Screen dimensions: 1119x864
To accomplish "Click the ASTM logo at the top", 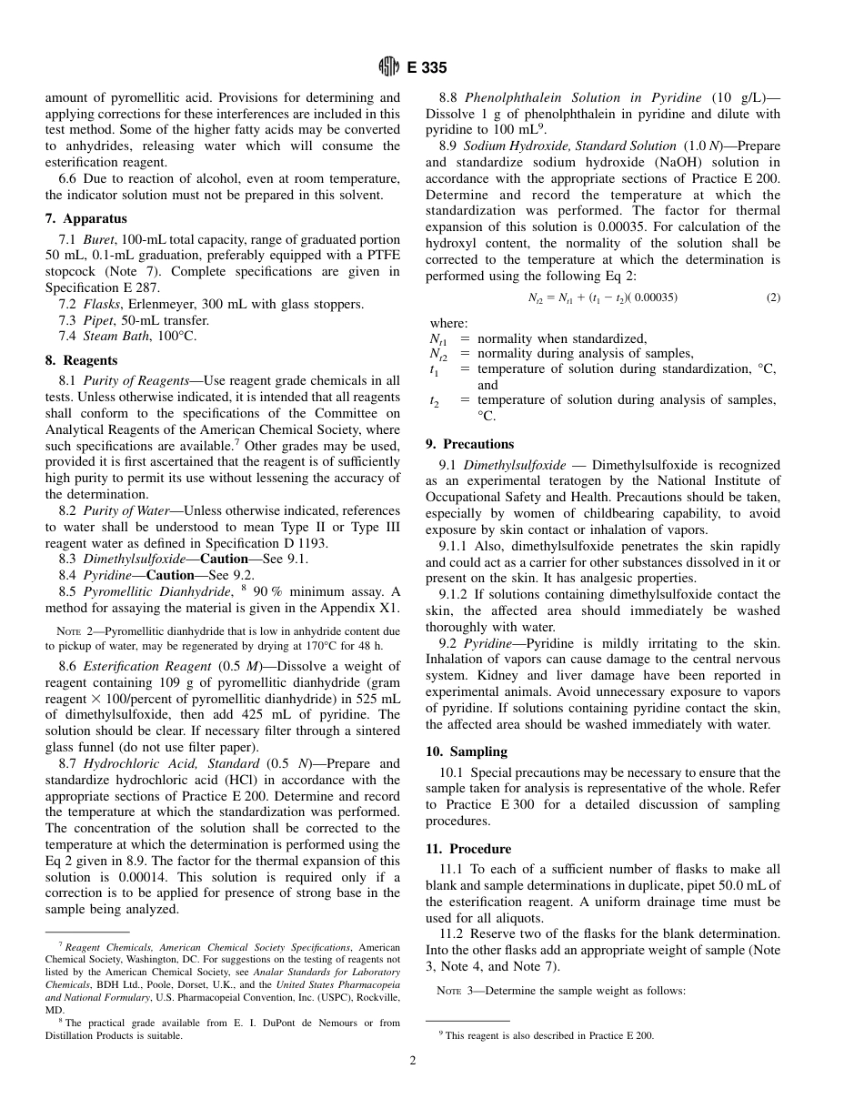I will (x=388, y=67).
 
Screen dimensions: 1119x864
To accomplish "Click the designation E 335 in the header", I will (x=426, y=67).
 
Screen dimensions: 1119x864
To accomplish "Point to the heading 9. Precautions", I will (x=469, y=444).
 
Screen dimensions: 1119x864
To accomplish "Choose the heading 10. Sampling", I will (x=467, y=751).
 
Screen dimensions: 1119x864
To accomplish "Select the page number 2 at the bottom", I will (x=413, y=1060).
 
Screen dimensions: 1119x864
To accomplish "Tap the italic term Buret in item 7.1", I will (x=101, y=238).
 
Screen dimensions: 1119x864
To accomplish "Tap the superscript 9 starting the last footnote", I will (x=441, y=1033).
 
